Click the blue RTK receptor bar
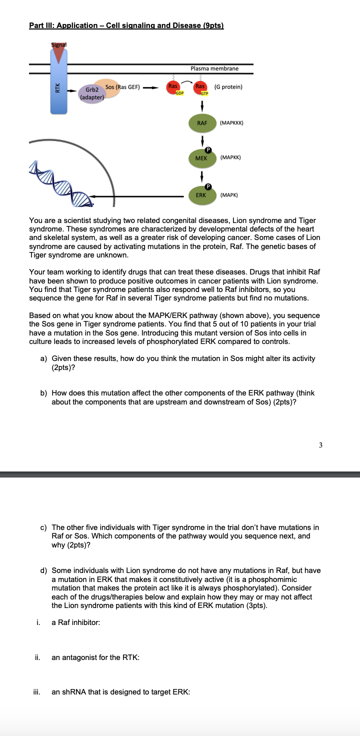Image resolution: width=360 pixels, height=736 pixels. (59, 90)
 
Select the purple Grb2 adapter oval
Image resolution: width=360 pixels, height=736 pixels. (91, 93)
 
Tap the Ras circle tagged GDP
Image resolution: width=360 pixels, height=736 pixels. (173, 87)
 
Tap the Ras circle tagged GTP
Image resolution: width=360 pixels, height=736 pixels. (202, 87)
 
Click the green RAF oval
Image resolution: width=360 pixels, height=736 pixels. (202, 122)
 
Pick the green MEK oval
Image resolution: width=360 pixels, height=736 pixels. (201, 157)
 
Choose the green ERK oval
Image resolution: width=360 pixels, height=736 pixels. (201, 195)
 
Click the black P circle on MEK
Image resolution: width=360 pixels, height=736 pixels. (210, 149)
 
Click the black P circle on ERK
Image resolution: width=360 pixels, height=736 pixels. (210, 186)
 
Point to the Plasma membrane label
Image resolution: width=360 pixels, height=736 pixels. (214, 68)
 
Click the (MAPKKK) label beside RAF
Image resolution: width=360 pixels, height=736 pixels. (231, 122)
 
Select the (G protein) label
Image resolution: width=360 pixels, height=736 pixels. (228, 87)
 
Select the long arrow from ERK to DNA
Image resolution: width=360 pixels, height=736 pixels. (140, 197)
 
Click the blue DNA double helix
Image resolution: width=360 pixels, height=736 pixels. (65, 183)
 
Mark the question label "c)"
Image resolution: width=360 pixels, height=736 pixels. (43, 527)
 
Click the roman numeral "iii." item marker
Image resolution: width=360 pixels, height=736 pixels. (37, 692)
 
